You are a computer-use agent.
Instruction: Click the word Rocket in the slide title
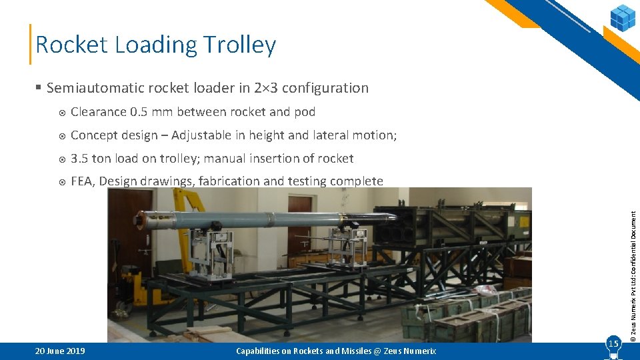coord(71,45)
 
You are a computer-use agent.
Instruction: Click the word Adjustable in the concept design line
coord(203,135)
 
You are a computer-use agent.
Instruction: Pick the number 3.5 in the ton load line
coord(79,159)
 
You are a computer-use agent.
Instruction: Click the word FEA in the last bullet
coord(82,181)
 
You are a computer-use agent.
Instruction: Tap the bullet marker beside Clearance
coord(61,112)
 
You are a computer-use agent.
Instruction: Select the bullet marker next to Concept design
coord(61,135)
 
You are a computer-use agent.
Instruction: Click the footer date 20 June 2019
coord(60,351)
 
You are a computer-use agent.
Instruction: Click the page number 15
coord(613,343)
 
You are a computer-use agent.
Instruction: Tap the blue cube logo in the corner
coord(623,17)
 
